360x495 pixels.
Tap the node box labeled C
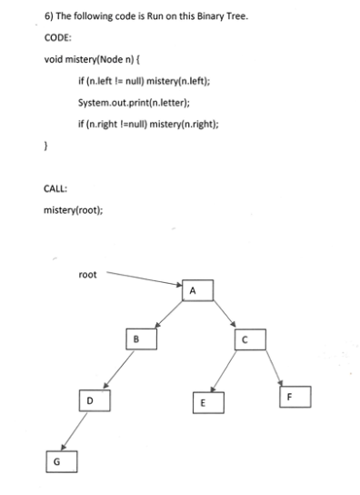click(x=245, y=340)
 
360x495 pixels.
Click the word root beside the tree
click(x=88, y=271)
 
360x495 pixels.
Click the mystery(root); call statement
click(x=74, y=211)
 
